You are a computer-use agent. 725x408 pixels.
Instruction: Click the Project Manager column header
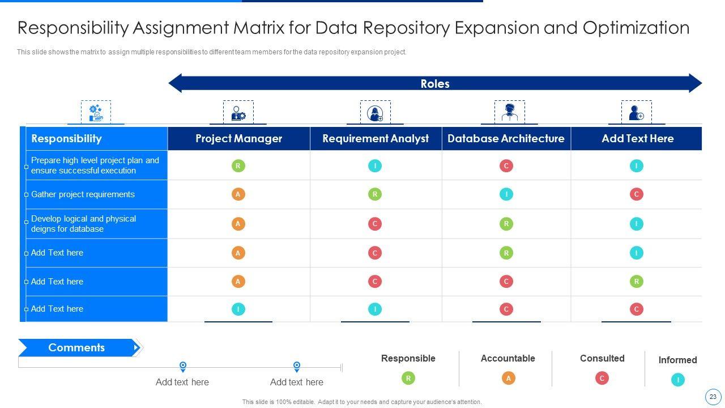pos(238,139)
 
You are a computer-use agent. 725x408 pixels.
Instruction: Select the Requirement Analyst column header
pos(376,139)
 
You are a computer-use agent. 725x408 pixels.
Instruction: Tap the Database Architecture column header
pos(506,139)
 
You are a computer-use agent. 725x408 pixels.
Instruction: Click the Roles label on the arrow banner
pos(435,84)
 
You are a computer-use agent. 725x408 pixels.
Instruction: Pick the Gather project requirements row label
pos(83,194)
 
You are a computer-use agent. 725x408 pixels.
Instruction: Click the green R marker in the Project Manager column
pos(238,166)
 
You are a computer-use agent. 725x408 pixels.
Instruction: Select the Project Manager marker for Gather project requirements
pos(238,194)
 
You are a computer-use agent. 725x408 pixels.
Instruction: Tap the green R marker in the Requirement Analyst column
pos(374,194)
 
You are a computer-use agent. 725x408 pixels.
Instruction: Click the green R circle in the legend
pos(408,378)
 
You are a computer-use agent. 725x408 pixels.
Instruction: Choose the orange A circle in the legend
pos(508,378)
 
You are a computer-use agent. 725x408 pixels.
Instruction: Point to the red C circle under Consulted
pos(602,378)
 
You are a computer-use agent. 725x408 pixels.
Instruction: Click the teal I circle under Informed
pos(677,380)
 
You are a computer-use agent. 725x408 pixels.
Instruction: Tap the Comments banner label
pos(76,348)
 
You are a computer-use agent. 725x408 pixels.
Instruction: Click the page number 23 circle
pos(713,397)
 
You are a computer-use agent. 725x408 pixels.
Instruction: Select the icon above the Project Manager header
pos(238,113)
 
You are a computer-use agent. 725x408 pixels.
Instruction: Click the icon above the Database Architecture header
pos(509,112)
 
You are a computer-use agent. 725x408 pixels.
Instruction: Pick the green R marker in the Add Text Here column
pos(636,282)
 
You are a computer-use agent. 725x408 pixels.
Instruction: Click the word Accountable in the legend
pos(507,358)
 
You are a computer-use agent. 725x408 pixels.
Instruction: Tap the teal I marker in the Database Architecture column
pos(506,194)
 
